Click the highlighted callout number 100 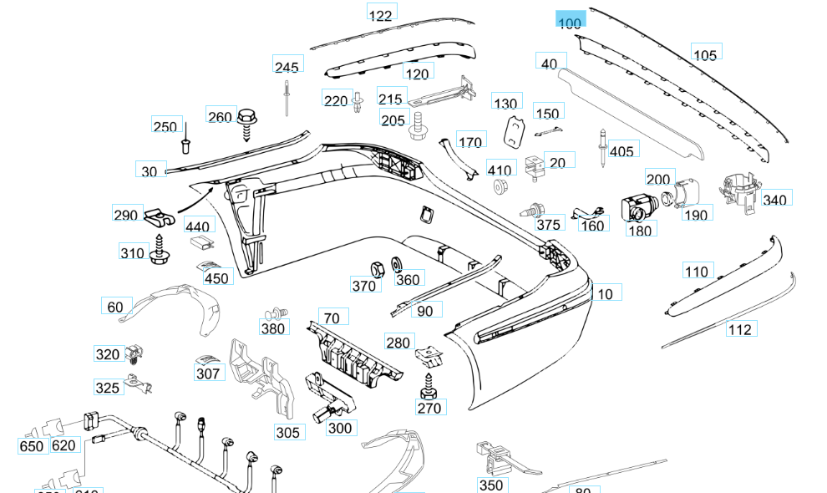tap(570, 23)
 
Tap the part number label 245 tap(287, 67)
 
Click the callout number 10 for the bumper tap(606, 293)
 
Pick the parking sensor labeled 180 tap(637, 206)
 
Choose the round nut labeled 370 tap(377, 267)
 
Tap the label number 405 tap(622, 151)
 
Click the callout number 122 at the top tap(381, 15)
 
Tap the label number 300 tap(340, 428)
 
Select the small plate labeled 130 tap(515, 130)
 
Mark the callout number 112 tap(739, 329)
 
